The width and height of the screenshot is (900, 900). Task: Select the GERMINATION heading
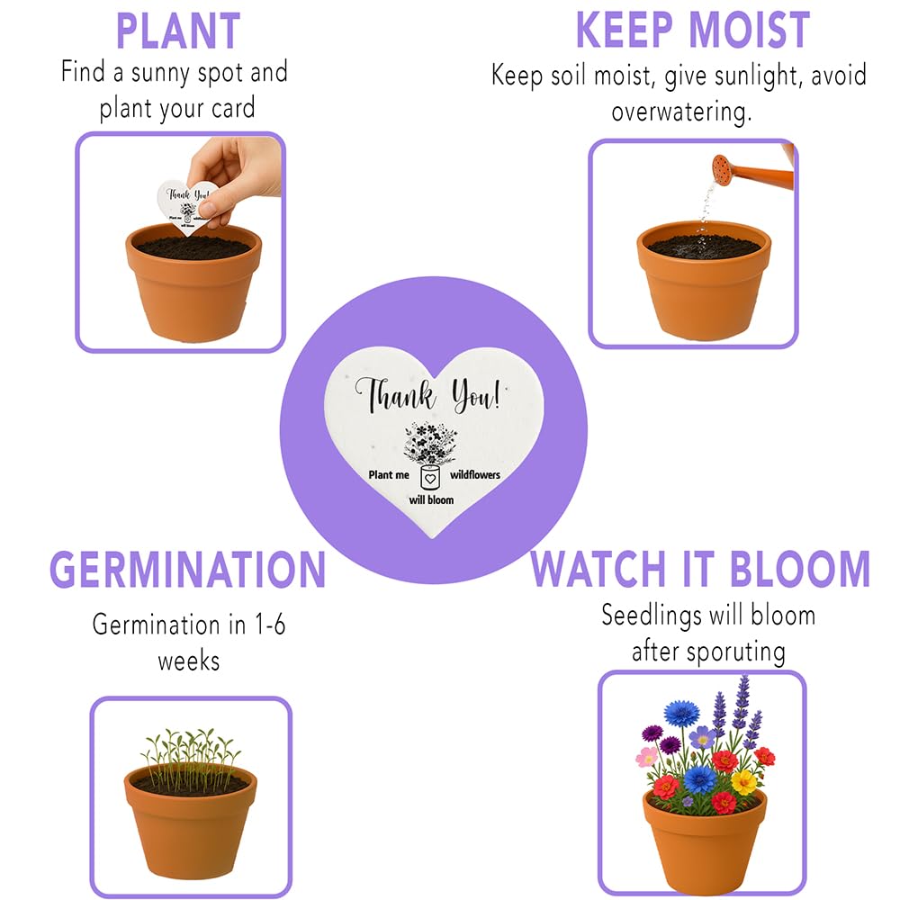[188, 570]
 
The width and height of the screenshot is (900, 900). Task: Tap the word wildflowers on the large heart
[474, 474]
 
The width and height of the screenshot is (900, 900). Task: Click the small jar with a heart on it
[430, 478]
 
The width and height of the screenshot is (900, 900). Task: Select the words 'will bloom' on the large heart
[431, 499]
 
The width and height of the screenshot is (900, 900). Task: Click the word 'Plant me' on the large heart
[389, 474]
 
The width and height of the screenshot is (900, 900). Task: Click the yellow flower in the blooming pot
[744, 781]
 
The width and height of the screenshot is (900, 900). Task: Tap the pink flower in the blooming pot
[647, 757]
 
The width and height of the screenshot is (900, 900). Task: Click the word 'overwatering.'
[681, 112]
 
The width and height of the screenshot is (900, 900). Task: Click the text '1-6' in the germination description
[270, 625]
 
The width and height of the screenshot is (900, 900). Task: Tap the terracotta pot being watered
[704, 280]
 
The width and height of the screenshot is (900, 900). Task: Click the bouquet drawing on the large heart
[430, 444]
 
